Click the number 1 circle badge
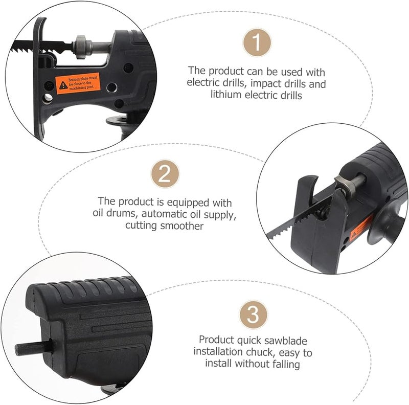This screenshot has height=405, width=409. (257, 42)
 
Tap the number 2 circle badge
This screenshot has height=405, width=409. (165, 173)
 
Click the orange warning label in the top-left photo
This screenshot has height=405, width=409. (78, 83)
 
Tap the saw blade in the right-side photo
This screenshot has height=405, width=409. (297, 220)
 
